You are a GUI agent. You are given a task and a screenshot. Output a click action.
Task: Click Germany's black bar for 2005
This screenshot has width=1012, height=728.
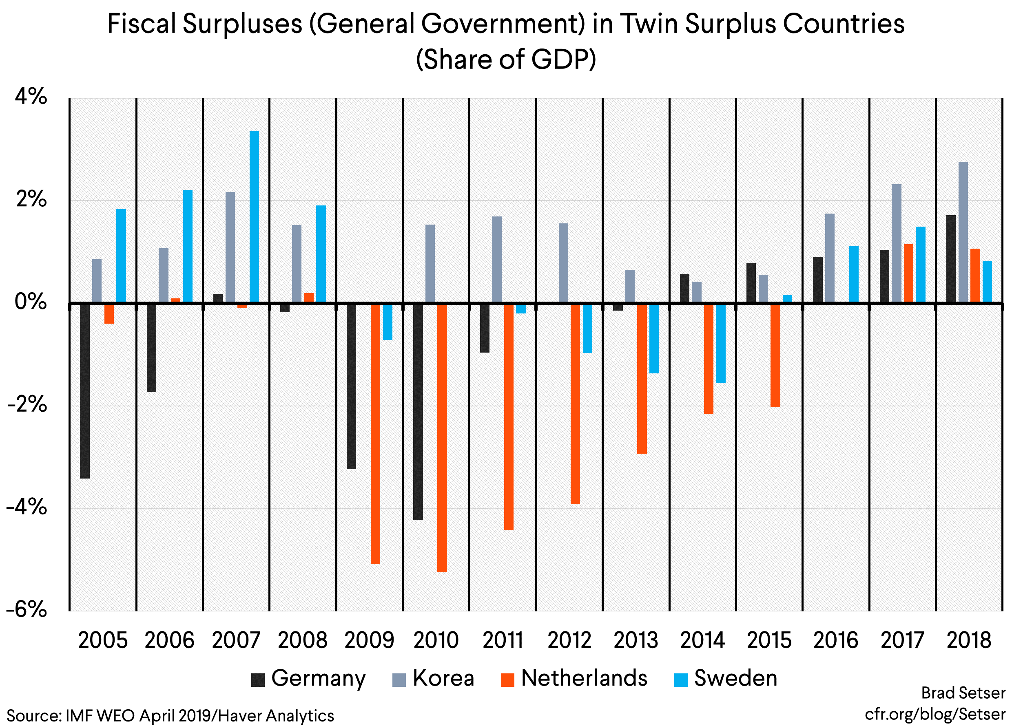click(x=85, y=391)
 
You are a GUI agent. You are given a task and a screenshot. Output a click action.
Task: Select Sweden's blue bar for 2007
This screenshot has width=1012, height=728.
click(x=254, y=217)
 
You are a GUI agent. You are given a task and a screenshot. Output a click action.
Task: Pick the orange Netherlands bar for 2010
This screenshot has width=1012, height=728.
click(x=442, y=437)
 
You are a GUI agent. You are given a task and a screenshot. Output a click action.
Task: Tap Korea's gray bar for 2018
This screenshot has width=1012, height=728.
click(x=963, y=232)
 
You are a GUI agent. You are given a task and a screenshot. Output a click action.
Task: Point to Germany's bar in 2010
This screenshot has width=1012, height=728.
click(x=418, y=411)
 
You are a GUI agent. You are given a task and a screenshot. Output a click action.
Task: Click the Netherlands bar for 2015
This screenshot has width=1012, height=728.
click(x=775, y=355)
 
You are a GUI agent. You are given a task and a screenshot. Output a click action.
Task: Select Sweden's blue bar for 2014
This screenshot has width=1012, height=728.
click(x=721, y=343)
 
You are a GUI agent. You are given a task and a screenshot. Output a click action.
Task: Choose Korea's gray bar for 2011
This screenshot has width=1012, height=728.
click(x=497, y=260)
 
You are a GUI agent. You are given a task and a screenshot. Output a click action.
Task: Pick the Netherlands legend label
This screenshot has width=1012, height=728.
click(x=584, y=679)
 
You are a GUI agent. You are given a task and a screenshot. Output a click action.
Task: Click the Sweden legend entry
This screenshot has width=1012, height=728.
click(x=735, y=679)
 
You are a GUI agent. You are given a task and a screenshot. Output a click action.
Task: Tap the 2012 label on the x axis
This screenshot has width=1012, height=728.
click(x=569, y=641)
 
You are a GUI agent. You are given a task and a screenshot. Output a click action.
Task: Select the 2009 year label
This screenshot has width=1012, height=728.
click(x=369, y=641)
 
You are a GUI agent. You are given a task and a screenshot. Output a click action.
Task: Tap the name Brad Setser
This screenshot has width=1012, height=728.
click(x=963, y=693)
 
